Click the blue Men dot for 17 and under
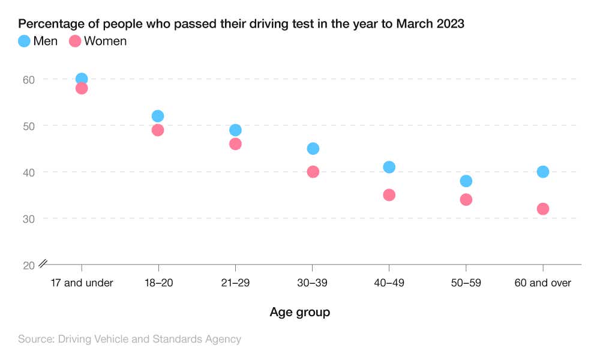pyautogui.click(x=82, y=79)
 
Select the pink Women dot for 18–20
pyautogui.click(x=158, y=130)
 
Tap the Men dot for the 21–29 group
pyautogui.click(x=235, y=130)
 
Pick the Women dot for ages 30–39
pyautogui.click(x=313, y=172)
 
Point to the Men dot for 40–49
pyautogui.click(x=389, y=167)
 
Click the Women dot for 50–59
pyautogui.click(x=466, y=199)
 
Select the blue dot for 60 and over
pyautogui.click(x=543, y=172)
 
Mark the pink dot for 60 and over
pyautogui.click(x=543, y=209)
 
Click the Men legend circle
pyautogui.click(x=24, y=41)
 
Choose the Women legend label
pyautogui.click(x=105, y=41)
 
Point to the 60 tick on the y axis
pyautogui.click(x=29, y=79)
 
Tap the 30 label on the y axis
pyautogui.click(x=29, y=218)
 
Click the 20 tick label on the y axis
pyautogui.click(x=29, y=265)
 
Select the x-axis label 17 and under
pyautogui.click(x=82, y=283)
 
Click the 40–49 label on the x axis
pyautogui.click(x=389, y=283)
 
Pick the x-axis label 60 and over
pyautogui.click(x=543, y=283)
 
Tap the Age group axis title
pyautogui.click(x=299, y=312)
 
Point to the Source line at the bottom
pyautogui.click(x=130, y=339)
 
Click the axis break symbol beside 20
pyautogui.click(x=43, y=263)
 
